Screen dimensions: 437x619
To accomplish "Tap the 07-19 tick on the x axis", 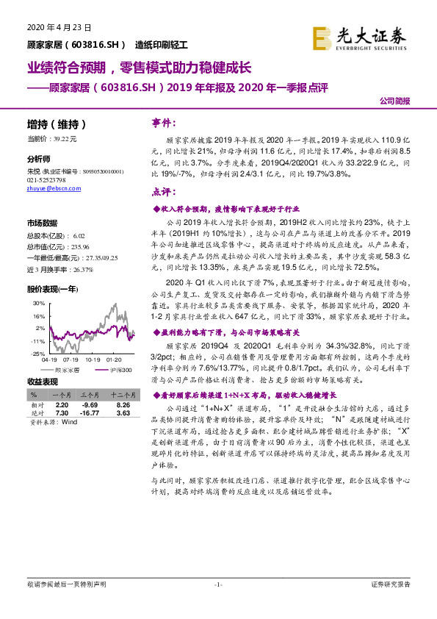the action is coord(72,360).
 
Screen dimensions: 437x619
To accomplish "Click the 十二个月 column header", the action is coord(123,396).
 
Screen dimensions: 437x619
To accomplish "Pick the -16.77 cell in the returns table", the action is coord(90,414).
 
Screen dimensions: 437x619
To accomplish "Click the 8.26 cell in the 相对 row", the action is coord(123,405).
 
